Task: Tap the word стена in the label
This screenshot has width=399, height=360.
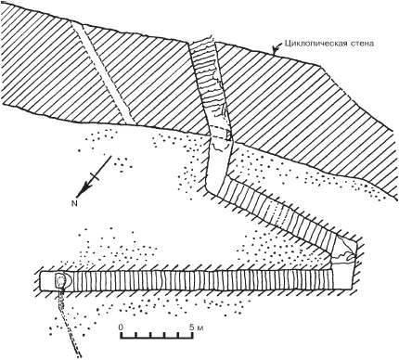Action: pyautogui.click(x=364, y=44)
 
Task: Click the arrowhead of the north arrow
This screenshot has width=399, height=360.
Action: pyautogui.click(x=81, y=191)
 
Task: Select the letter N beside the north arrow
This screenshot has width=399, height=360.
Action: pyautogui.click(x=74, y=203)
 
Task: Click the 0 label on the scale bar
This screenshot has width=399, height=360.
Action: pyautogui.click(x=121, y=327)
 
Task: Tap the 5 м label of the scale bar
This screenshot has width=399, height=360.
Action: pyautogui.click(x=196, y=327)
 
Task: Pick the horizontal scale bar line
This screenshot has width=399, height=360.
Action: pyautogui.click(x=156, y=338)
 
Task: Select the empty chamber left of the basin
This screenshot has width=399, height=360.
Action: pyautogui.click(x=47, y=281)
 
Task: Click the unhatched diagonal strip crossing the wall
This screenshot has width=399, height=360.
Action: pyautogui.click(x=104, y=72)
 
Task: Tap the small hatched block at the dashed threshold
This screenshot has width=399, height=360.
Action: pyautogui.click(x=228, y=135)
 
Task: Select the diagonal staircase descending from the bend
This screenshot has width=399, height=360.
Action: pyautogui.click(x=278, y=214)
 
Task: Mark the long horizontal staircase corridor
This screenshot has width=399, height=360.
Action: pyautogui.click(x=203, y=280)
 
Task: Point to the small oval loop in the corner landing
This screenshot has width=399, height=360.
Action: pyautogui.click(x=351, y=255)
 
